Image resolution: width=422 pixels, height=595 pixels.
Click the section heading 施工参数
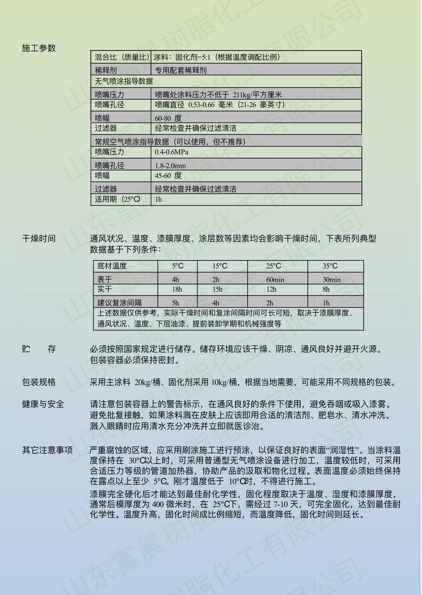point(39,48)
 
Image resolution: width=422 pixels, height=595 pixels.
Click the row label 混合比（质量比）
point(121,57)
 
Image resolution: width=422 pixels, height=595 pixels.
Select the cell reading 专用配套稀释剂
point(181,70)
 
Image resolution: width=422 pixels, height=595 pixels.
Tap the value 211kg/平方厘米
point(257,95)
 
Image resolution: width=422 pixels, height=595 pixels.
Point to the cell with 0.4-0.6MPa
point(171,152)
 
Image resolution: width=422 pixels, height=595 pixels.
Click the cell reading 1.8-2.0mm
point(170,166)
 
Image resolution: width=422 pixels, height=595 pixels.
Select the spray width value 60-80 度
point(168,118)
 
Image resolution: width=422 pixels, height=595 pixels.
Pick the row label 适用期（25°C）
point(117,199)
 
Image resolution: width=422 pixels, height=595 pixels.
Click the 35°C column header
point(330,266)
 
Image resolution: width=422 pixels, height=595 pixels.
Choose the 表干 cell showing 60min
point(275,280)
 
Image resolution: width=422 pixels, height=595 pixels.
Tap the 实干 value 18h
point(177,289)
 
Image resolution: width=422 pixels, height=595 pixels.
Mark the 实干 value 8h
point(326,289)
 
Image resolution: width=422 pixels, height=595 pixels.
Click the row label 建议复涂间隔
point(119,303)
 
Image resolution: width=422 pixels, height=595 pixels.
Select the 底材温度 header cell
point(112,266)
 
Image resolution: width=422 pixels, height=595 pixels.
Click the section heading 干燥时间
point(39,239)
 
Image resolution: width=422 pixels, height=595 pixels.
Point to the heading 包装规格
point(39,382)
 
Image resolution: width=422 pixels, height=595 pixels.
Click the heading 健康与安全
point(43,404)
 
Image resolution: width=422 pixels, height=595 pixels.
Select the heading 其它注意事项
point(47,450)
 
